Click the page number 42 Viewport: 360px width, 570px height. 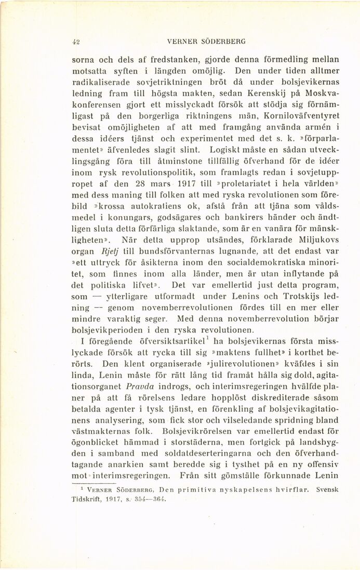[x=75, y=41]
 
